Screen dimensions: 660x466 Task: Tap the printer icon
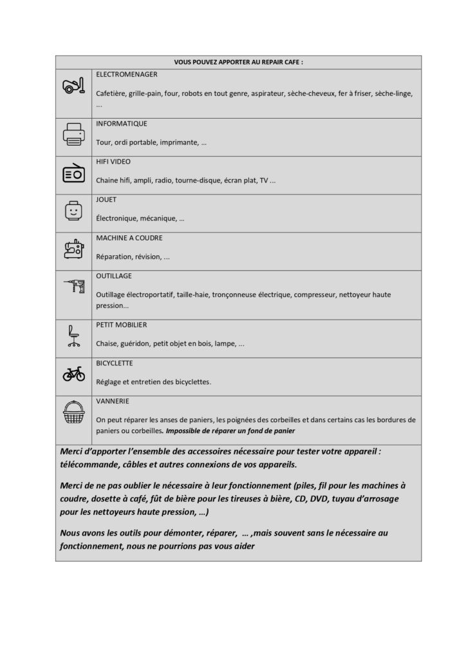pyautogui.click(x=73, y=135)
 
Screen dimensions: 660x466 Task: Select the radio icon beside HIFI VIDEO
pyautogui.click(x=73, y=173)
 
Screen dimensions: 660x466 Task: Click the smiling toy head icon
pyautogui.click(x=73, y=211)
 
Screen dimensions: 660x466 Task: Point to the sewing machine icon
pyautogui.click(x=73, y=248)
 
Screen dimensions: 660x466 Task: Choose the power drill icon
pyautogui.click(x=73, y=286)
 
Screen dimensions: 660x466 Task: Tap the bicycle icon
pyautogui.click(x=73, y=374)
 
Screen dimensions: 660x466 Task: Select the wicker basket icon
pyautogui.click(x=73, y=412)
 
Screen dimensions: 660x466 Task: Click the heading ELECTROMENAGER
pyautogui.click(x=126, y=75)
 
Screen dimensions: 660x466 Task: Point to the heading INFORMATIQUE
pyautogui.click(x=122, y=123)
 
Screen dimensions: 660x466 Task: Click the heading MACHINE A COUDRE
pyautogui.click(x=129, y=238)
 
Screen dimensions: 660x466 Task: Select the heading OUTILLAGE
pyautogui.click(x=114, y=276)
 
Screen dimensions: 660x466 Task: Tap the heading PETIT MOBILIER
pyautogui.click(x=122, y=325)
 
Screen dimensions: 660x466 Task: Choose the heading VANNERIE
pyautogui.click(x=113, y=401)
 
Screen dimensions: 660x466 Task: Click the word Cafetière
pyautogui.click(x=111, y=93)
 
